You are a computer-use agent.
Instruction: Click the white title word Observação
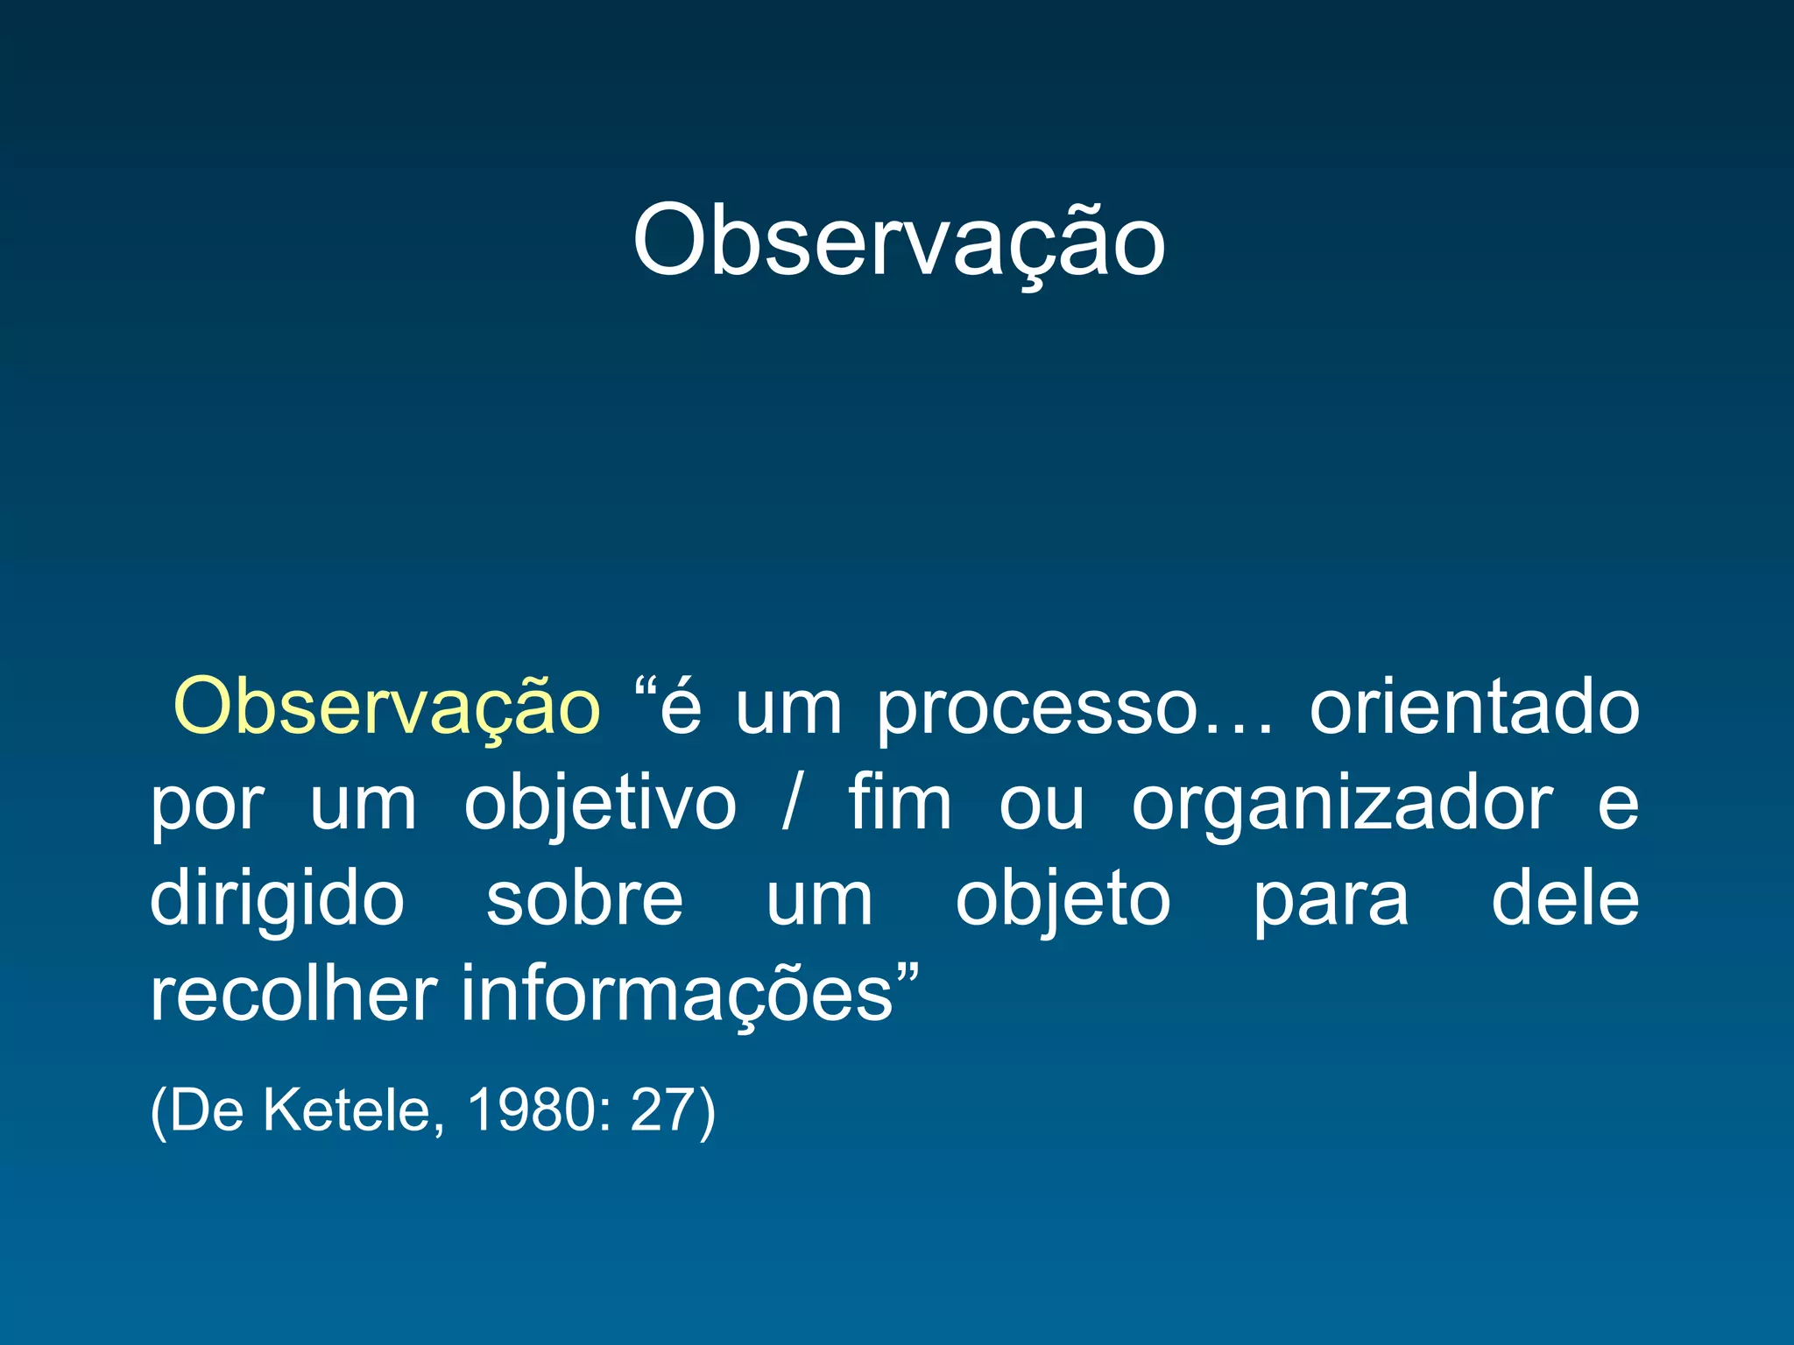pos(899,241)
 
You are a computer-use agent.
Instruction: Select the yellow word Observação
pos(386,708)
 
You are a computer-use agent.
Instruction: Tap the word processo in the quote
pos(1037,709)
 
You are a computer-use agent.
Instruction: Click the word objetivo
pos(600,806)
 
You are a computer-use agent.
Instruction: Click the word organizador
pos(1342,806)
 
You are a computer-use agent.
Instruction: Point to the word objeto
pos(1063,902)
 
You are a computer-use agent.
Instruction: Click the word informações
pos(676,996)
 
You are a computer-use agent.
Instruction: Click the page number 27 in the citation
pos(662,1110)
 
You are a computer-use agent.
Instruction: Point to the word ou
pos(1042,806)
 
